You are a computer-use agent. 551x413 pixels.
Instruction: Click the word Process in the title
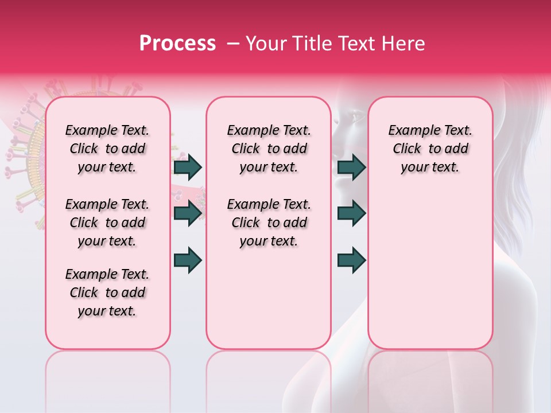(x=177, y=44)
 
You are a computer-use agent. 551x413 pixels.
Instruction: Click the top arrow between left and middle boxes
(x=188, y=167)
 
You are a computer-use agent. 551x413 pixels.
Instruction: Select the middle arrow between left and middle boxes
(x=188, y=213)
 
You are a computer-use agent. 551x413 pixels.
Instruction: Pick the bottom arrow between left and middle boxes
(x=188, y=260)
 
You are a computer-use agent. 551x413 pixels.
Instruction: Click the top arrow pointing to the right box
(x=351, y=167)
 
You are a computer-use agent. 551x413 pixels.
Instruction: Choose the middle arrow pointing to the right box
(x=351, y=213)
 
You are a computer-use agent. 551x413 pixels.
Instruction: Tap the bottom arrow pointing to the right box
(x=351, y=260)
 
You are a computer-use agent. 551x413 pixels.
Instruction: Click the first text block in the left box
(x=107, y=149)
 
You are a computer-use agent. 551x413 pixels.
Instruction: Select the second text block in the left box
(x=107, y=223)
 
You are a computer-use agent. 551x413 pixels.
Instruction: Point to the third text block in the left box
(x=107, y=293)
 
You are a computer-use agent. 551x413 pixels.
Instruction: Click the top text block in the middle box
(x=269, y=149)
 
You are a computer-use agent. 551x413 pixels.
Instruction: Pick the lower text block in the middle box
(x=269, y=223)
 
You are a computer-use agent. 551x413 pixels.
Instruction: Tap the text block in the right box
(x=430, y=149)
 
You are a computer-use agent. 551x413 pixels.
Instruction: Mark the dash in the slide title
(x=232, y=44)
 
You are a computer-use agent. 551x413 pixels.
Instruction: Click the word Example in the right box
(x=410, y=131)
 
